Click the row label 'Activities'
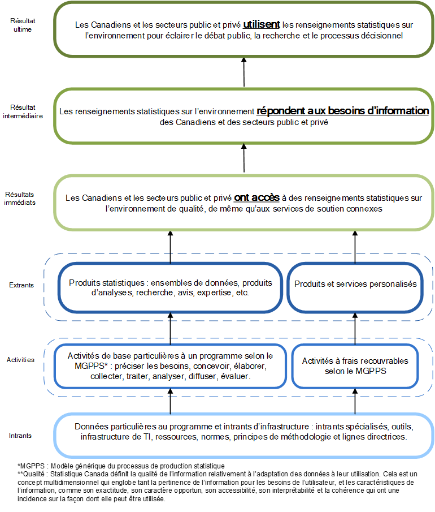(x=20, y=360)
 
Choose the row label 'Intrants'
(x=20, y=436)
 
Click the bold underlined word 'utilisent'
(x=262, y=25)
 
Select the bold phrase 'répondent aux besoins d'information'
(x=342, y=111)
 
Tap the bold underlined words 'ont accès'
(x=257, y=198)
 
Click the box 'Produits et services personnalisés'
(x=355, y=285)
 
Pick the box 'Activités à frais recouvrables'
(x=355, y=366)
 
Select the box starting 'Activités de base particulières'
(x=170, y=366)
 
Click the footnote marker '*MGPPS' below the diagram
(x=29, y=466)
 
